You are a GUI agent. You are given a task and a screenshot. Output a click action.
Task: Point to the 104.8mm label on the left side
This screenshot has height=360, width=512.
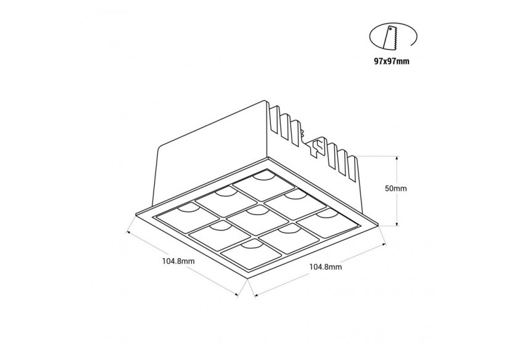(179, 261)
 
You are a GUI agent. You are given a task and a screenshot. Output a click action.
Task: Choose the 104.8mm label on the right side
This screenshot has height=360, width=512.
(326, 267)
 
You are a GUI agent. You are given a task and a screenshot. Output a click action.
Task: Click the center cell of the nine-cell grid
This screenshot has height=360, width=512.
(253, 217)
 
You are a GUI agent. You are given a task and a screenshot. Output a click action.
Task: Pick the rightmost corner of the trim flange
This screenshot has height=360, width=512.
(377, 217)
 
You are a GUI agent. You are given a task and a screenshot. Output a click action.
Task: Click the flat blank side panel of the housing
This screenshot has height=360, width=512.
(210, 154)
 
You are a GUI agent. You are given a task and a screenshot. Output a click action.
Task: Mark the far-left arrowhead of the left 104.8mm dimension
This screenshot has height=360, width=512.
(128, 232)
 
